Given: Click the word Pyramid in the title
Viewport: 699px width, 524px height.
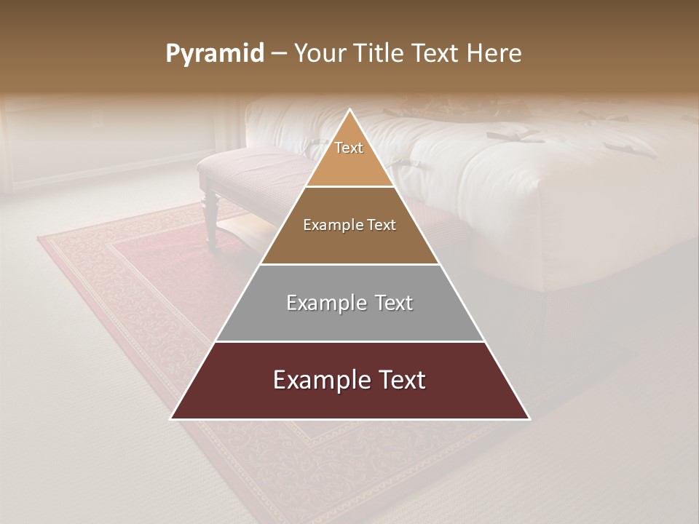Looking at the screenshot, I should (215, 54).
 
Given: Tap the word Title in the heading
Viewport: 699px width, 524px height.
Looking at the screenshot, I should (381, 54).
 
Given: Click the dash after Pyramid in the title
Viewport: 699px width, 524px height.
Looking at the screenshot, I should (279, 54).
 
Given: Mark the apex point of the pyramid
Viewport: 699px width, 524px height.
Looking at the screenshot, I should (350, 111).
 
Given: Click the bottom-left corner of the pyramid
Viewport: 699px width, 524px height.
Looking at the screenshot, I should (171, 418).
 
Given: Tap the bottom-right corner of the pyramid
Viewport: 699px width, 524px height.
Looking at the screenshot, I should (529, 418).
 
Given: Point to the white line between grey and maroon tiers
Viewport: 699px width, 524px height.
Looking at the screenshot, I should (349, 341).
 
